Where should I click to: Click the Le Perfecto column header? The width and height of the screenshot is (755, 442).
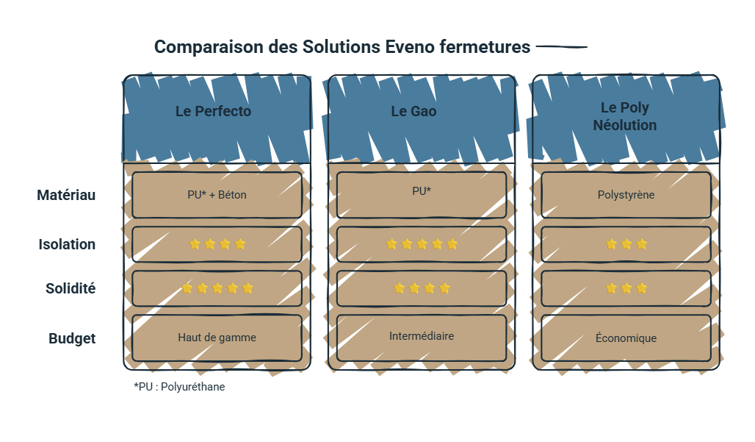(213, 111)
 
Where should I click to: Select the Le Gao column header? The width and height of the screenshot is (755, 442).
(413, 111)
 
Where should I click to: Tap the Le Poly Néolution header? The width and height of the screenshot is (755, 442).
(625, 116)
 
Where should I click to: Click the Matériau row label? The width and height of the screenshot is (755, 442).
(66, 195)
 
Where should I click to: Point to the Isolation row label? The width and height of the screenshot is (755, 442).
(67, 244)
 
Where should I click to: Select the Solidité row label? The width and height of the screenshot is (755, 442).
(71, 288)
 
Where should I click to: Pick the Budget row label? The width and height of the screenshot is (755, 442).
(72, 338)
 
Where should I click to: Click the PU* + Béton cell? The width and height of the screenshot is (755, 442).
(217, 195)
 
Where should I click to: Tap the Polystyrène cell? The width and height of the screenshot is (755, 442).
(626, 195)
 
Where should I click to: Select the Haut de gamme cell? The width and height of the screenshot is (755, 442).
(217, 338)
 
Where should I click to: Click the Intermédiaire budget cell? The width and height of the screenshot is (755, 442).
(422, 338)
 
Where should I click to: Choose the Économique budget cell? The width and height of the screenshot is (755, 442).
(626, 338)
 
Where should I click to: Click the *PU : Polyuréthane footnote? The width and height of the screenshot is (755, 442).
(179, 387)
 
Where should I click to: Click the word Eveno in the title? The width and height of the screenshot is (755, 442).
(409, 47)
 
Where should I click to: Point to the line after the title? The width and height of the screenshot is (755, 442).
(561, 47)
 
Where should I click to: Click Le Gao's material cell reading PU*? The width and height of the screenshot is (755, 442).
(422, 195)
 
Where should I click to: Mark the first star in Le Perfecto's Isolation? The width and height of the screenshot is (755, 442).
(195, 244)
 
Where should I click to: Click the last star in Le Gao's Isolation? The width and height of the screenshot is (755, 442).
(452, 244)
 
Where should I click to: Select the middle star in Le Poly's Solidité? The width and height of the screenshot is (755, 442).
(626, 288)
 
